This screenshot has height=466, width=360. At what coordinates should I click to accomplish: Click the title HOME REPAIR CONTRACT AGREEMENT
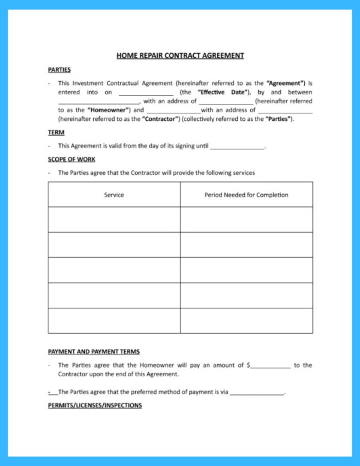180,56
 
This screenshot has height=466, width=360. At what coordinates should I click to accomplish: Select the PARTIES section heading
59,70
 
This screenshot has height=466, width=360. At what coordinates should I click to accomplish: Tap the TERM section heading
56,132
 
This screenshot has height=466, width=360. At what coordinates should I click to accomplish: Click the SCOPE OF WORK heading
71,159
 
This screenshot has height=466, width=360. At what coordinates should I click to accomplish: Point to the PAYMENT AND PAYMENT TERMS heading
93,352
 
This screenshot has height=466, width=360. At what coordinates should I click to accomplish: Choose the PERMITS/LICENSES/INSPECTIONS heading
95,405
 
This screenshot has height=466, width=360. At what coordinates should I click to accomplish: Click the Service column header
114,195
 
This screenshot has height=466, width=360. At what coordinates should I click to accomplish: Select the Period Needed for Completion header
246,195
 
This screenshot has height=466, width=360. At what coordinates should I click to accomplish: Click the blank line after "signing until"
237,147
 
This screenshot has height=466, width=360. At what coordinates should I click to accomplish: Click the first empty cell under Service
114,220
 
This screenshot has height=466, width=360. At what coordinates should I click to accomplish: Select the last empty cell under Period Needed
246,320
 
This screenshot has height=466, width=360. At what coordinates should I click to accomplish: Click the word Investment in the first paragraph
88,83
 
